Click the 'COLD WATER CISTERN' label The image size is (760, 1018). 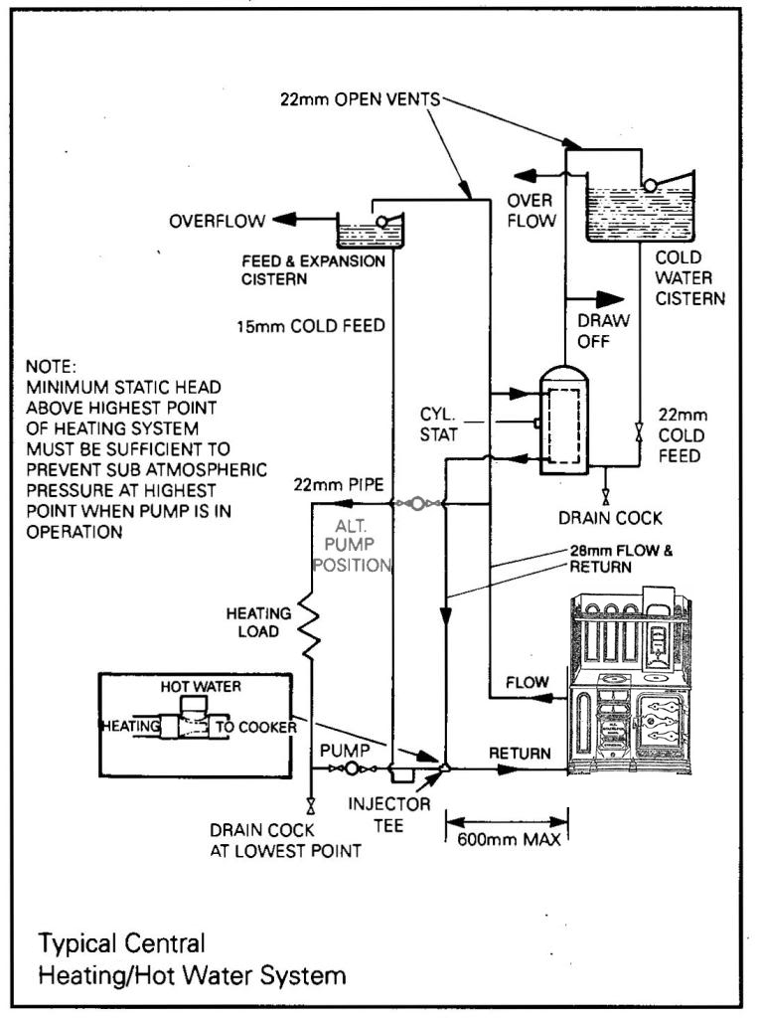point(689,277)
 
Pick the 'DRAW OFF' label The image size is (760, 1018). point(600,331)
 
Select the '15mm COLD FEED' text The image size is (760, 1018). point(310,325)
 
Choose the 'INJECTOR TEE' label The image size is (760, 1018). point(402,814)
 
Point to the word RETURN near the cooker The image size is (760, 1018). point(519,754)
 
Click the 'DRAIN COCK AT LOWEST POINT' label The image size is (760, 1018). point(285,840)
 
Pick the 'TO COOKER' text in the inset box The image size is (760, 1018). point(256,727)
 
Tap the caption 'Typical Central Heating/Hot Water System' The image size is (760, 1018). point(192,958)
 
